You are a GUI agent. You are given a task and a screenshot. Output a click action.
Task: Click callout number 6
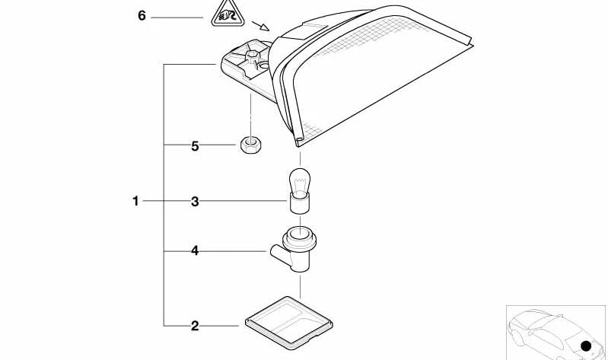142,16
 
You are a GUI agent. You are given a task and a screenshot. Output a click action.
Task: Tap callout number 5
195,146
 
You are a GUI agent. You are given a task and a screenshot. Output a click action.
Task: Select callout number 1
135,201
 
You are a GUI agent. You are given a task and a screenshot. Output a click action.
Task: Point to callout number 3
195,202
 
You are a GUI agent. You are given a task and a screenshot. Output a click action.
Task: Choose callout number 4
195,251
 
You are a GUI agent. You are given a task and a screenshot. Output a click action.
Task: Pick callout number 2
195,326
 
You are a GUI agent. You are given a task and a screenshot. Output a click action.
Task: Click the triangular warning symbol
228,15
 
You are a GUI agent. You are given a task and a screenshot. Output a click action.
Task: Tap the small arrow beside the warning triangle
260,26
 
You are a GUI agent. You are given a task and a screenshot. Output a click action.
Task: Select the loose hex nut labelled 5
250,145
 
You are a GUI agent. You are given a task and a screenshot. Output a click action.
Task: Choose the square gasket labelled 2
289,323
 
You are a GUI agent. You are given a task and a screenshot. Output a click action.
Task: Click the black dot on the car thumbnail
586,346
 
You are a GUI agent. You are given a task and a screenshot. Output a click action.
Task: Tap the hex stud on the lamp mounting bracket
252,56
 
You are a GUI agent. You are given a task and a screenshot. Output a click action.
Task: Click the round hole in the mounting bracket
264,65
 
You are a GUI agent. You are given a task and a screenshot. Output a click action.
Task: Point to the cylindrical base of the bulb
300,204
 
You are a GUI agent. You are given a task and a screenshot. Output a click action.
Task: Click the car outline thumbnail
555,333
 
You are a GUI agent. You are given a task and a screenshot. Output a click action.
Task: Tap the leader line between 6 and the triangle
177,18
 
